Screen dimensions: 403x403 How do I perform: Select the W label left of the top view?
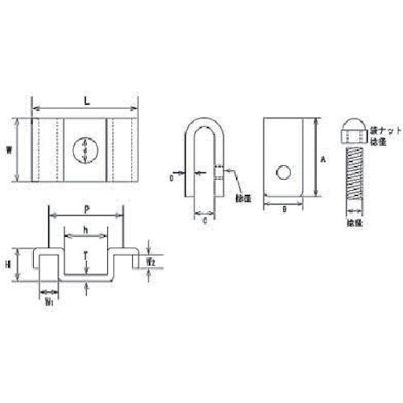pyautogui.click(x=19, y=151)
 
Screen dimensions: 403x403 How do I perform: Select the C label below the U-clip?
pyautogui.click(x=205, y=218)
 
